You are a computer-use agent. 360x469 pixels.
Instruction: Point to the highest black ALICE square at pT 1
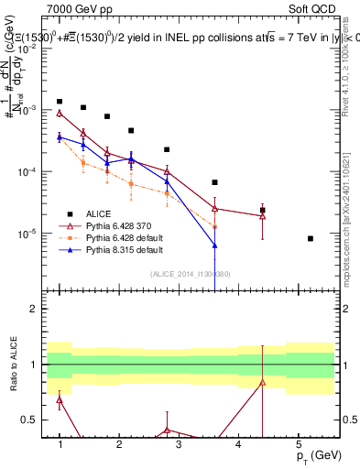(x=60, y=102)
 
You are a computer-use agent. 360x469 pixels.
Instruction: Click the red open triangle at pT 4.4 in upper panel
(x=263, y=216)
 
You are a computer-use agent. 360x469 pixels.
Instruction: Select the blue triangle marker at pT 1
(x=60, y=137)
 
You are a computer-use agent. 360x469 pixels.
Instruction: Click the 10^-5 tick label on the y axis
(x=31, y=234)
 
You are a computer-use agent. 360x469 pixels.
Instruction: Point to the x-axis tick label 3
(x=179, y=443)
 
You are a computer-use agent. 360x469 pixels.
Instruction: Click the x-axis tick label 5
(x=298, y=443)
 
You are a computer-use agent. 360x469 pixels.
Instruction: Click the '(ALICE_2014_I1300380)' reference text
(x=191, y=274)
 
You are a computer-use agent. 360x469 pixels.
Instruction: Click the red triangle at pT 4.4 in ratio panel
(x=263, y=382)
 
